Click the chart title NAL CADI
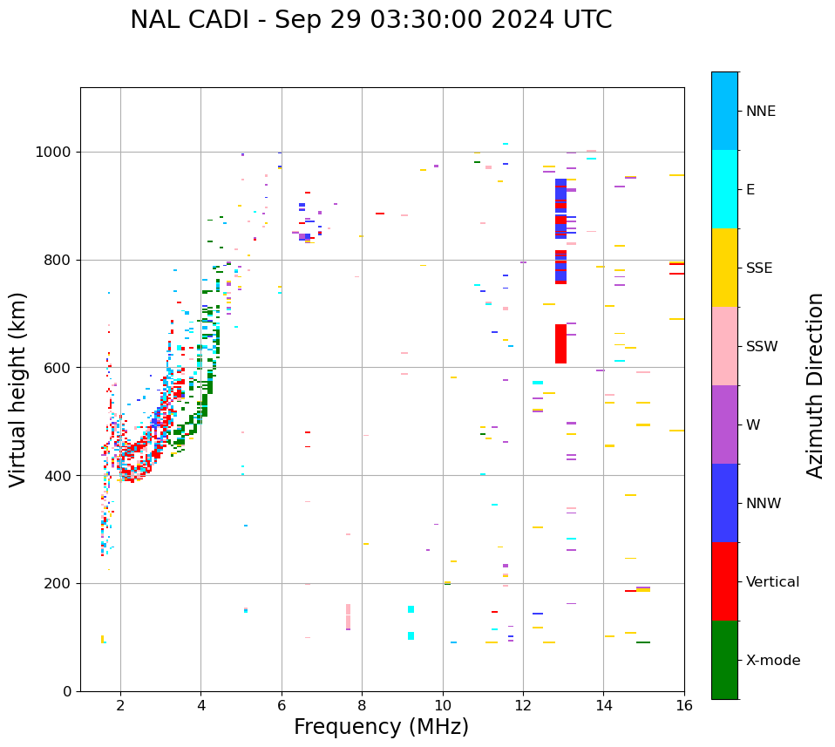tap(370, 20)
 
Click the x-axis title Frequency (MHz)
tap(381, 727)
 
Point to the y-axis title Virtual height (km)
tap(18, 389)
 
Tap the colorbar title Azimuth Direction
tap(815, 385)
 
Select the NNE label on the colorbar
tap(760, 112)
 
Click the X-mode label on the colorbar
tap(772, 661)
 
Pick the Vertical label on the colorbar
tap(772, 582)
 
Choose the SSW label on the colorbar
tap(762, 347)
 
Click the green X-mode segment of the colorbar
tap(724, 660)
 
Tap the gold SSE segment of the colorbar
tap(724, 268)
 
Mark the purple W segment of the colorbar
tap(724, 424)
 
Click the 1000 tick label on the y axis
tap(54, 153)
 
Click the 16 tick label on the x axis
tap(684, 705)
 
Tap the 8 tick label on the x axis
tap(362, 705)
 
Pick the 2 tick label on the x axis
tap(120, 705)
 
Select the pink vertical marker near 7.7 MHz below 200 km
tap(348, 616)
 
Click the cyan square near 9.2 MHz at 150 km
tap(411, 609)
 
